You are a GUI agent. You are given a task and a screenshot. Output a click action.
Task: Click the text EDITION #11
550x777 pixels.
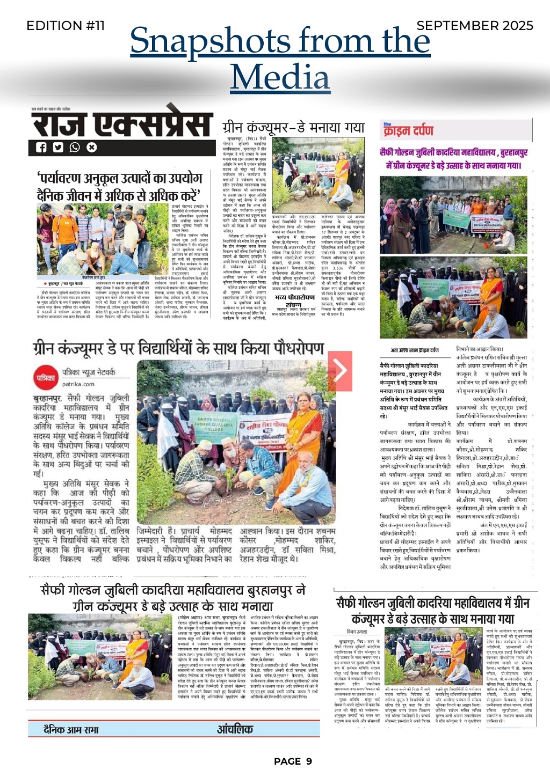[65, 25]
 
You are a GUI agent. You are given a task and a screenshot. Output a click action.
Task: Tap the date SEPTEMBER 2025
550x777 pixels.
[475, 25]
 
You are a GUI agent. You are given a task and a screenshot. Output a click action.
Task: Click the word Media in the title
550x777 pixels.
[280, 76]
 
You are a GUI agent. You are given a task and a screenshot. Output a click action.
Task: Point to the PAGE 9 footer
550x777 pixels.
[293, 761]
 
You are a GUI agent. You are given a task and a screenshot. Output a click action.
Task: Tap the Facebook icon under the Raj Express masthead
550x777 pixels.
[41, 148]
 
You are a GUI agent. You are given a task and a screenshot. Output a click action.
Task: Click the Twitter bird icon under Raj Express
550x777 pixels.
[58, 148]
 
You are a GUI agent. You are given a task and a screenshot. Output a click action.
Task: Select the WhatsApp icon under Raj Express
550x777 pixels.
[75, 148]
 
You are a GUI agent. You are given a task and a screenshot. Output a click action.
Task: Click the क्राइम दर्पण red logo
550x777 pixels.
[408, 130]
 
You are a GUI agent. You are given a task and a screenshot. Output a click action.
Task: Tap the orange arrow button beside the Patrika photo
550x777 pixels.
[340, 370]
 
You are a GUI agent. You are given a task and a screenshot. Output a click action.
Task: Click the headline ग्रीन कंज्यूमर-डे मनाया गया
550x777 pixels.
[293, 127]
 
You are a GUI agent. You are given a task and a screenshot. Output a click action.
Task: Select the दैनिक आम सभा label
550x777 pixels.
[70, 729]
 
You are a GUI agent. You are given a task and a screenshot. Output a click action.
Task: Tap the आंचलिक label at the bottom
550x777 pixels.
[235, 729]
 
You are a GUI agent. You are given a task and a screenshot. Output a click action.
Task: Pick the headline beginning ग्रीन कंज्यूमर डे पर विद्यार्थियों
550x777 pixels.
[178, 348]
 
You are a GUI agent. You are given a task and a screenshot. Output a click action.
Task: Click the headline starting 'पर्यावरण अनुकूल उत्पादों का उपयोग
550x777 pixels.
[119, 186]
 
